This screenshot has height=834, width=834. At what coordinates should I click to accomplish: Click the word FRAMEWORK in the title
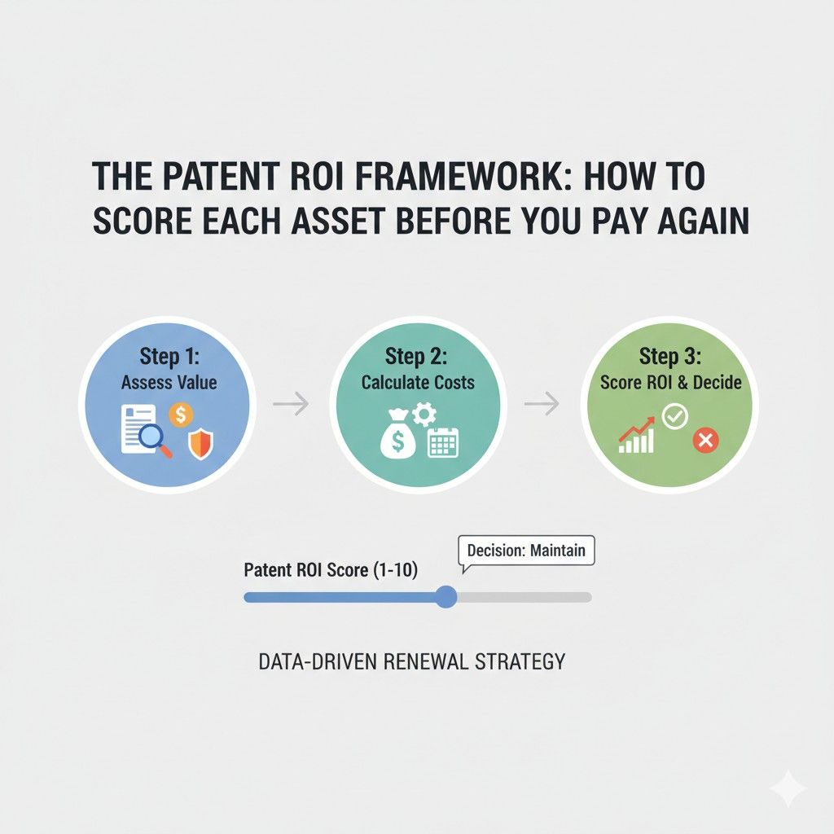457,176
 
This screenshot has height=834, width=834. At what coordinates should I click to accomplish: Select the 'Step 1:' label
169,356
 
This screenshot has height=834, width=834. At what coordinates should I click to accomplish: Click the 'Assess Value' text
169,383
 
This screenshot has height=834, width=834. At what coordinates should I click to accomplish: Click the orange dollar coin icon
181,415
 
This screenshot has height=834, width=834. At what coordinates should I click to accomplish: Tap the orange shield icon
200,445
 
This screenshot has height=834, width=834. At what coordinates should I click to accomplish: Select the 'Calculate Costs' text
418,383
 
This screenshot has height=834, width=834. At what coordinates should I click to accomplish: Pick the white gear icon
424,415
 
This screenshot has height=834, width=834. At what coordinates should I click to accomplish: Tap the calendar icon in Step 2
443,442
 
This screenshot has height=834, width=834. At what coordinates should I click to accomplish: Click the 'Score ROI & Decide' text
671,383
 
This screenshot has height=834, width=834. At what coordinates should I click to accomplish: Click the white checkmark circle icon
675,416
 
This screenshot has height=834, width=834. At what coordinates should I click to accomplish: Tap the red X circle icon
706,441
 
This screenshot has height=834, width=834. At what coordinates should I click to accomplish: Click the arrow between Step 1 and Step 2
291,404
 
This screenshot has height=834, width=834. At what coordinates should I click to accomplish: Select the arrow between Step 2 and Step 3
542,404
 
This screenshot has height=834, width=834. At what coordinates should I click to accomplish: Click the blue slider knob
446,597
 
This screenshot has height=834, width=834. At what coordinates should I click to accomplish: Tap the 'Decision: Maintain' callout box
526,551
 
